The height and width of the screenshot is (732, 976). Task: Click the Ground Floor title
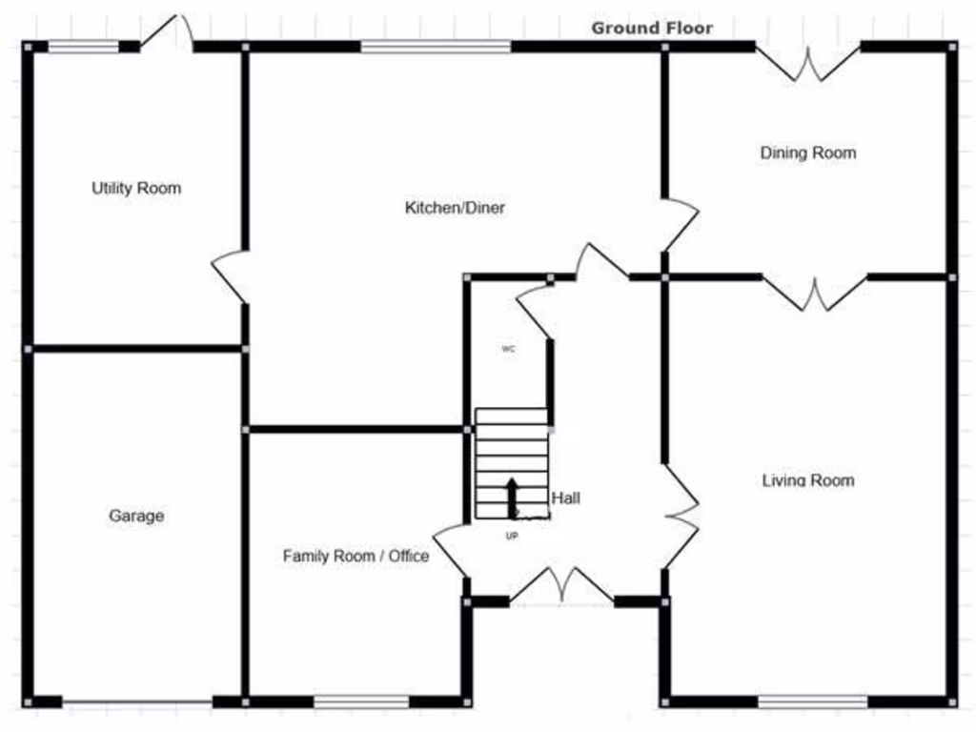click(x=652, y=28)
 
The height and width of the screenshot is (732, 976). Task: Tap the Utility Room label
click(x=136, y=188)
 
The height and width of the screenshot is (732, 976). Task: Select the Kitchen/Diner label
click(x=455, y=207)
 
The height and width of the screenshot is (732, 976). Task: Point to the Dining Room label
click(x=808, y=152)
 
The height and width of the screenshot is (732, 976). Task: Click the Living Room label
click(x=808, y=479)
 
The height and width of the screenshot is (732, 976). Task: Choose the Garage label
click(x=136, y=516)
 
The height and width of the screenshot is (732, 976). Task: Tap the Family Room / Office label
click(x=356, y=556)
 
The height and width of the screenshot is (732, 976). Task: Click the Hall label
click(x=565, y=498)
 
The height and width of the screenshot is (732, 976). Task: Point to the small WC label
click(x=508, y=349)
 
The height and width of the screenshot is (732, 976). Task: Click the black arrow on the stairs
click(x=512, y=496)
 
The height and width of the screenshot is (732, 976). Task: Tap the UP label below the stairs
click(x=512, y=536)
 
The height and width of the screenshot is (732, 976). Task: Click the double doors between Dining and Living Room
click(x=815, y=294)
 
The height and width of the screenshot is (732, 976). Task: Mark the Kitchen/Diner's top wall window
click(x=436, y=46)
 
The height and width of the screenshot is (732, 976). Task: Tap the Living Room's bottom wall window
click(x=813, y=702)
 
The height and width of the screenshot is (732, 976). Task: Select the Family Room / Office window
click(x=361, y=702)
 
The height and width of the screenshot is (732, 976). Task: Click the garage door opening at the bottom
click(x=136, y=702)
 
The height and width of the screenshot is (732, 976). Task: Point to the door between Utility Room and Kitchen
click(x=230, y=276)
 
